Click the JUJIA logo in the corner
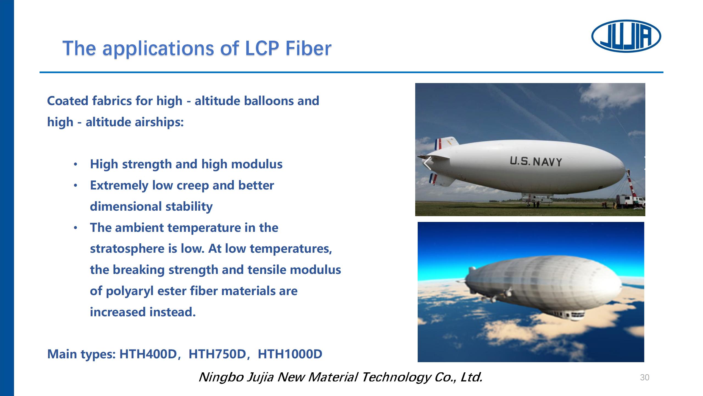[x=626, y=36]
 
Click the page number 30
[x=645, y=378]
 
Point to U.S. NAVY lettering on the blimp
[x=536, y=161]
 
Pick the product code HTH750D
[x=217, y=354]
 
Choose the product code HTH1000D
[x=290, y=354]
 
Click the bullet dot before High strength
[x=76, y=164]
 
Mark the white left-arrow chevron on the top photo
[x=427, y=163]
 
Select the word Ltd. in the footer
[x=472, y=377]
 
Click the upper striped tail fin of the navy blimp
[x=445, y=143]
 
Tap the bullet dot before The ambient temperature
[x=76, y=228]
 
